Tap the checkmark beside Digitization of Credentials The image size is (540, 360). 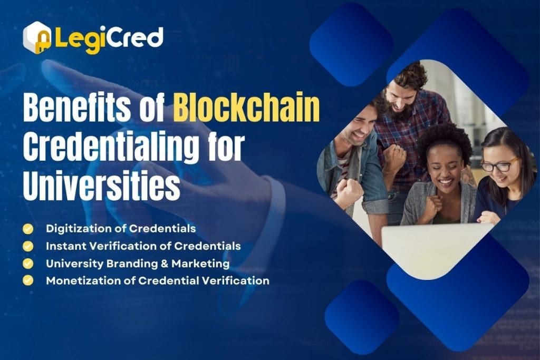27,229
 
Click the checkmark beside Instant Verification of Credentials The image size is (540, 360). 27,246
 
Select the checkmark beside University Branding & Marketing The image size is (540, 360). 27,263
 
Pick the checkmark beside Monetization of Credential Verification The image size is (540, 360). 27,280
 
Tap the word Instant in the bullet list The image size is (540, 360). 63,246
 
